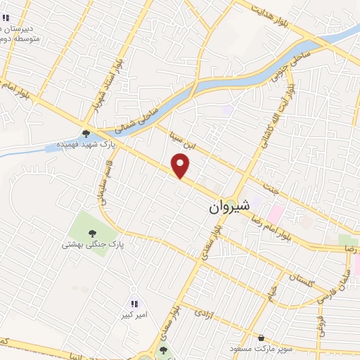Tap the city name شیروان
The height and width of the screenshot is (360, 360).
pyautogui.click(x=229, y=209)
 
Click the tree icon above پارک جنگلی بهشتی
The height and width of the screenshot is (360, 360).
pyautogui.click(x=91, y=233)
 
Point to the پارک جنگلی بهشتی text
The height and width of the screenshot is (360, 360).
pyautogui.click(x=91, y=245)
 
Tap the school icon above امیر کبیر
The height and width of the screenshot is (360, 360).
pyautogui.click(x=133, y=304)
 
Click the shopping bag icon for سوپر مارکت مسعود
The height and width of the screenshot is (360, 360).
pyautogui.click(x=262, y=337)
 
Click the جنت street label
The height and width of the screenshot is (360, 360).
pyautogui.click(x=270, y=188)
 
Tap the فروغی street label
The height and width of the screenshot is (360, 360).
pyautogui.click(x=325, y=324)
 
